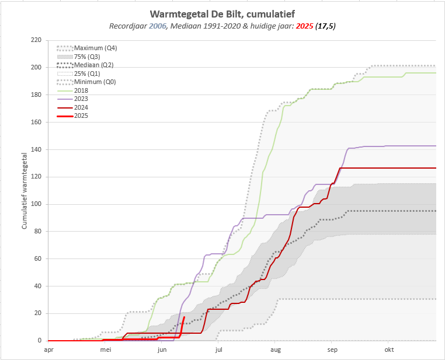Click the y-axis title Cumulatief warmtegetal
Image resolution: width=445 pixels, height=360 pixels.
pyautogui.click(x=25, y=190)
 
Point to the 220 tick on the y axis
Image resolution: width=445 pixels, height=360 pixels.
pyautogui.click(x=36, y=40)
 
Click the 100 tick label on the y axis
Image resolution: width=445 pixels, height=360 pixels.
pyautogui.click(x=36, y=204)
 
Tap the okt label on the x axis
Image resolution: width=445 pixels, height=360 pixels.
pyautogui.click(x=390, y=350)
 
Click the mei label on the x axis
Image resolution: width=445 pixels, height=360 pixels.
pyautogui.click(x=105, y=350)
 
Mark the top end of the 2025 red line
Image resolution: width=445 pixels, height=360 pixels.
pyautogui.click(x=185, y=317)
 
